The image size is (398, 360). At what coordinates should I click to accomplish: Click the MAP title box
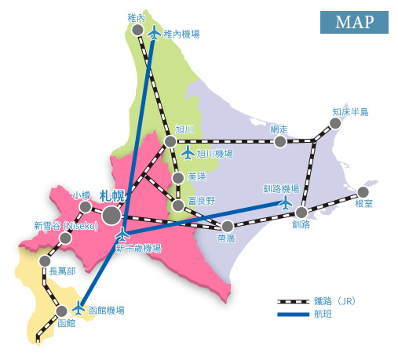(353, 21)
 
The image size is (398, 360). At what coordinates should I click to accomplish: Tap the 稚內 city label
(136, 16)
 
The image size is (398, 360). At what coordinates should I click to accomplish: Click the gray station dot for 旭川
(170, 142)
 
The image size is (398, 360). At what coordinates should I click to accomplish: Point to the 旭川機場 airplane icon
(187, 153)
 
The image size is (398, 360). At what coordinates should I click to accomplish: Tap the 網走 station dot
(279, 142)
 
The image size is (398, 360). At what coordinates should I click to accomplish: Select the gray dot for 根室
(363, 192)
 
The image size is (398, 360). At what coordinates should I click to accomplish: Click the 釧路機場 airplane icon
(286, 202)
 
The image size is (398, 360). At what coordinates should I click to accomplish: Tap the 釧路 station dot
(301, 212)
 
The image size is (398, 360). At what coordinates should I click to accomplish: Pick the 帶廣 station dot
(228, 226)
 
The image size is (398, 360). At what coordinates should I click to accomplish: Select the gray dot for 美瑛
(179, 178)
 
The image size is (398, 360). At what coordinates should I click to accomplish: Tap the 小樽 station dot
(85, 207)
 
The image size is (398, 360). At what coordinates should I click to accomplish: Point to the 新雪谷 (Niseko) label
(65, 225)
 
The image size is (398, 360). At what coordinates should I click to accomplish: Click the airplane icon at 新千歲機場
(122, 235)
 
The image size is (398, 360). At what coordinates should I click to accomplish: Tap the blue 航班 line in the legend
(294, 315)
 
